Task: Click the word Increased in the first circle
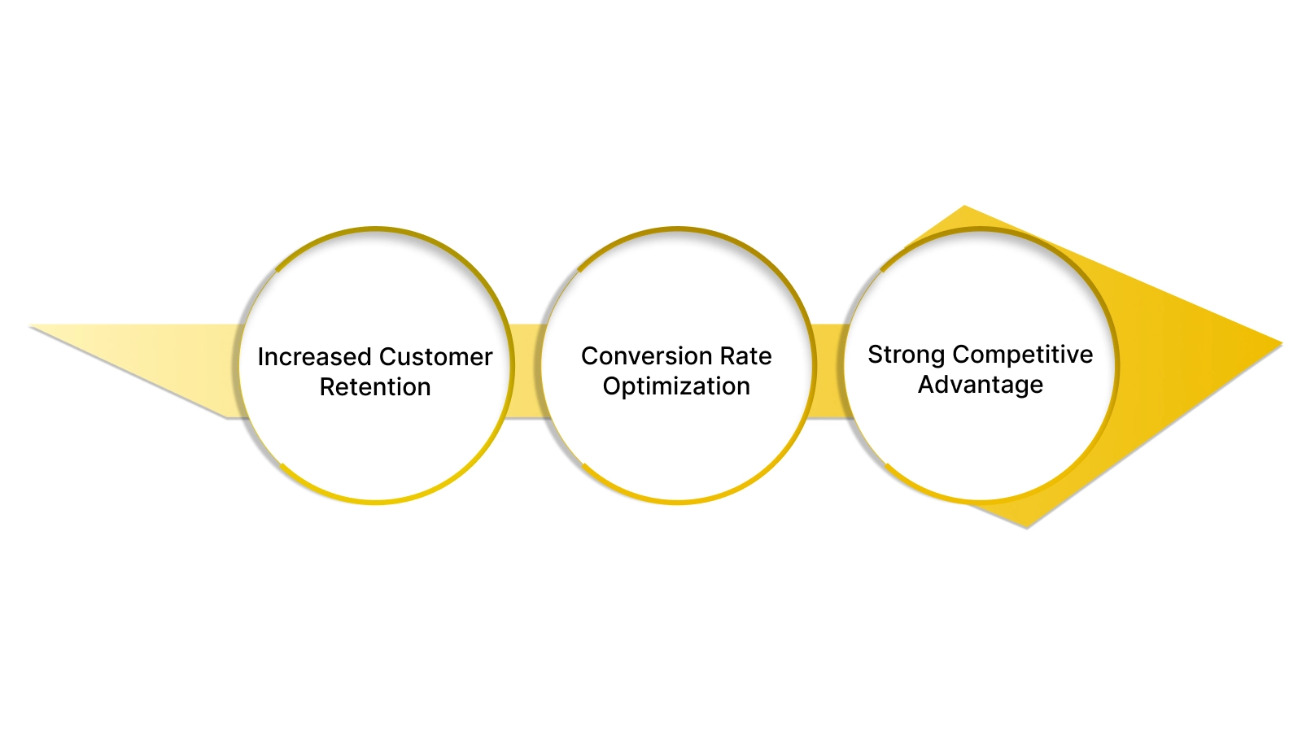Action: [x=314, y=357]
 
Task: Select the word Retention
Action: [x=375, y=387]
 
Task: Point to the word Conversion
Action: [x=635, y=356]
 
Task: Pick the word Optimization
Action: [x=676, y=386]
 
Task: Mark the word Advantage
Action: [x=981, y=385]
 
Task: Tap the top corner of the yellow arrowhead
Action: [x=964, y=208]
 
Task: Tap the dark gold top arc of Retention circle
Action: [x=376, y=229]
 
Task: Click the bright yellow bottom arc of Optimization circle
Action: [x=677, y=501]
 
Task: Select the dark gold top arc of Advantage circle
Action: [x=981, y=229]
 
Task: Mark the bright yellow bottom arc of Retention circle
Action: [x=376, y=501]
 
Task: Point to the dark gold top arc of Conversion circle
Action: [x=677, y=229]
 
